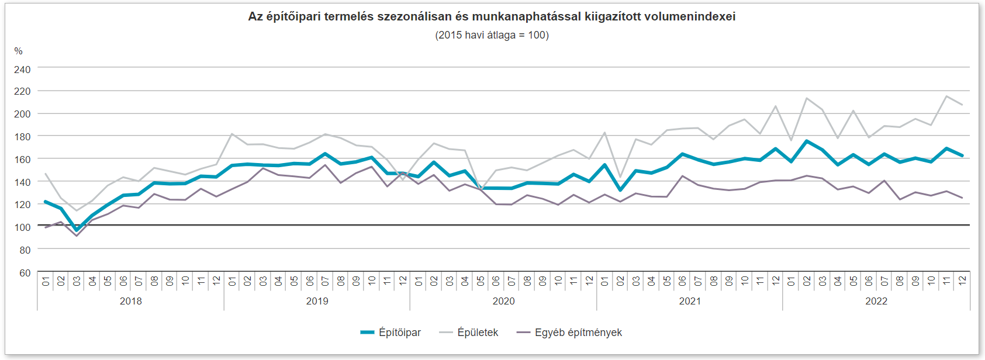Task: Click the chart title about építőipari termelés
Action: click(x=492, y=16)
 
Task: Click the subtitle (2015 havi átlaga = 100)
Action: click(x=492, y=35)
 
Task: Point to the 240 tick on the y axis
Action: click(x=22, y=70)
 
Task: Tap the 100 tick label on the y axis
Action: click(x=22, y=227)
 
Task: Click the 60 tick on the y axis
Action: click(x=25, y=273)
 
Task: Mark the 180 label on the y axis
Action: click(x=22, y=137)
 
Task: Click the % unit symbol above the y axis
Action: click(x=18, y=51)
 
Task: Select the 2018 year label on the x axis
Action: click(x=130, y=301)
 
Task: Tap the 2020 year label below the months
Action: click(x=503, y=301)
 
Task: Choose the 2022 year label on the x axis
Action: click(x=876, y=301)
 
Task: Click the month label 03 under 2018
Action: click(x=77, y=281)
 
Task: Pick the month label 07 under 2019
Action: click(x=325, y=281)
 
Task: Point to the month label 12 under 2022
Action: click(x=962, y=281)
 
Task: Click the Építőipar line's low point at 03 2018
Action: click(x=77, y=230)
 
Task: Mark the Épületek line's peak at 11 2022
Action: click(x=946, y=96)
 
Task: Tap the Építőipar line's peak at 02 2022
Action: click(x=807, y=141)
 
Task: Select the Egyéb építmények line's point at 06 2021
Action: click(x=682, y=176)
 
